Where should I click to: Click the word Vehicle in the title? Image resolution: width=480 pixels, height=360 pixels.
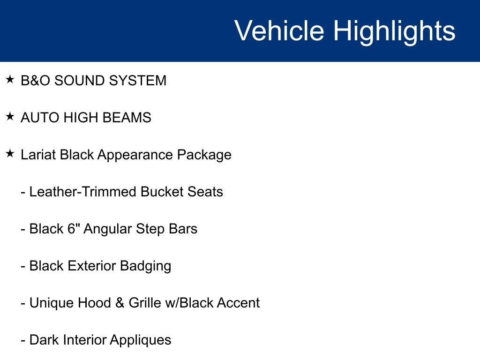279,31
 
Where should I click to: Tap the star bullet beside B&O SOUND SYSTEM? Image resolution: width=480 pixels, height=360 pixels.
10,80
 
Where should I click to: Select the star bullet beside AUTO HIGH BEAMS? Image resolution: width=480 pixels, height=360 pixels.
10,117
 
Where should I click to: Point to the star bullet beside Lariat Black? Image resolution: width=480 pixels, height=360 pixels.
10,154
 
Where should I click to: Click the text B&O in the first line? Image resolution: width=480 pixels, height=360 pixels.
36,81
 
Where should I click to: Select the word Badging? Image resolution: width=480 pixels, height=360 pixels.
146,266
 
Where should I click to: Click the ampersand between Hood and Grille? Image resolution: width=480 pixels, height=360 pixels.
120,303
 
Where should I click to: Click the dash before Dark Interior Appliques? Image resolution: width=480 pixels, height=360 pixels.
23,340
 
